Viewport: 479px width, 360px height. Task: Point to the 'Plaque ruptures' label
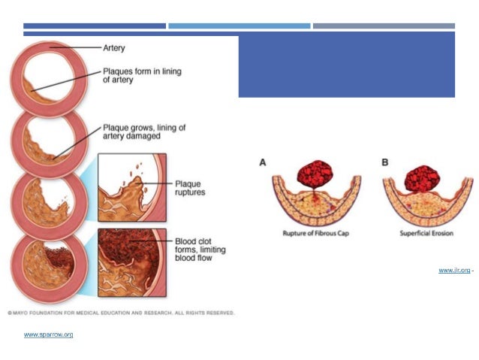tap(188, 187)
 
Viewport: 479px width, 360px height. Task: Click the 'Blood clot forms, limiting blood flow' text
tap(199, 245)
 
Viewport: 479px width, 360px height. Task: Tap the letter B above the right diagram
tap(385, 162)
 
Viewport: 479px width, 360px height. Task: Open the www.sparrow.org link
tap(48, 334)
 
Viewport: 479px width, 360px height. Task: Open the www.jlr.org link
tap(454, 270)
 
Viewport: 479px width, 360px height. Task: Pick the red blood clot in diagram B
tap(423, 177)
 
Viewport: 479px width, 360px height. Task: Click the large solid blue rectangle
tap(346, 66)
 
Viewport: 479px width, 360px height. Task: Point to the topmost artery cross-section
tap(50, 72)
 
